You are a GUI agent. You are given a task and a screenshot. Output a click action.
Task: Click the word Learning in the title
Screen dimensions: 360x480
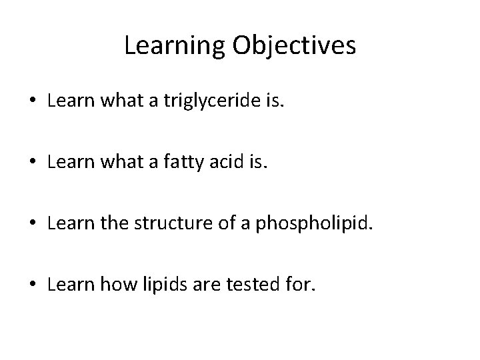tap(177, 46)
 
